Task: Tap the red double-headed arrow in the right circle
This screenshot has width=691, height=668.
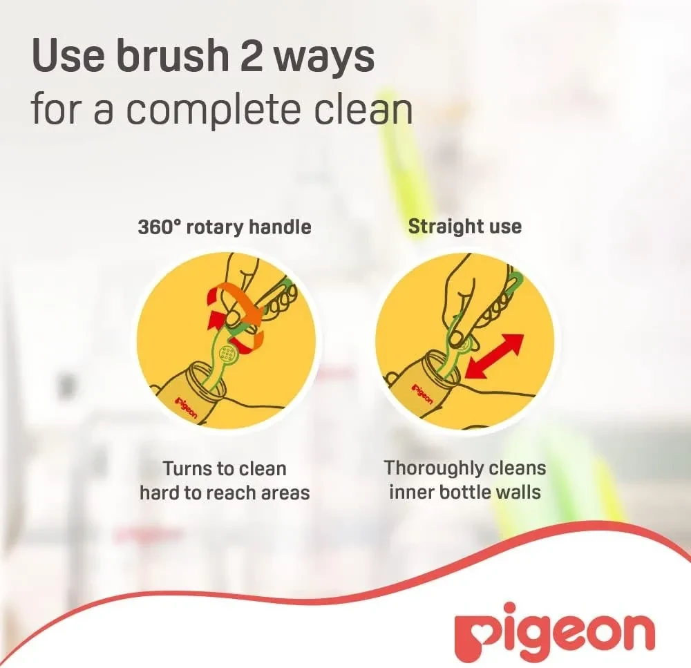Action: pos(495,356)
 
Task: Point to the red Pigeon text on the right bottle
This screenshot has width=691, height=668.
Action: pos(423,394)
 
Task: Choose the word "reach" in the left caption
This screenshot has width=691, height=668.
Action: pos(234,493)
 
